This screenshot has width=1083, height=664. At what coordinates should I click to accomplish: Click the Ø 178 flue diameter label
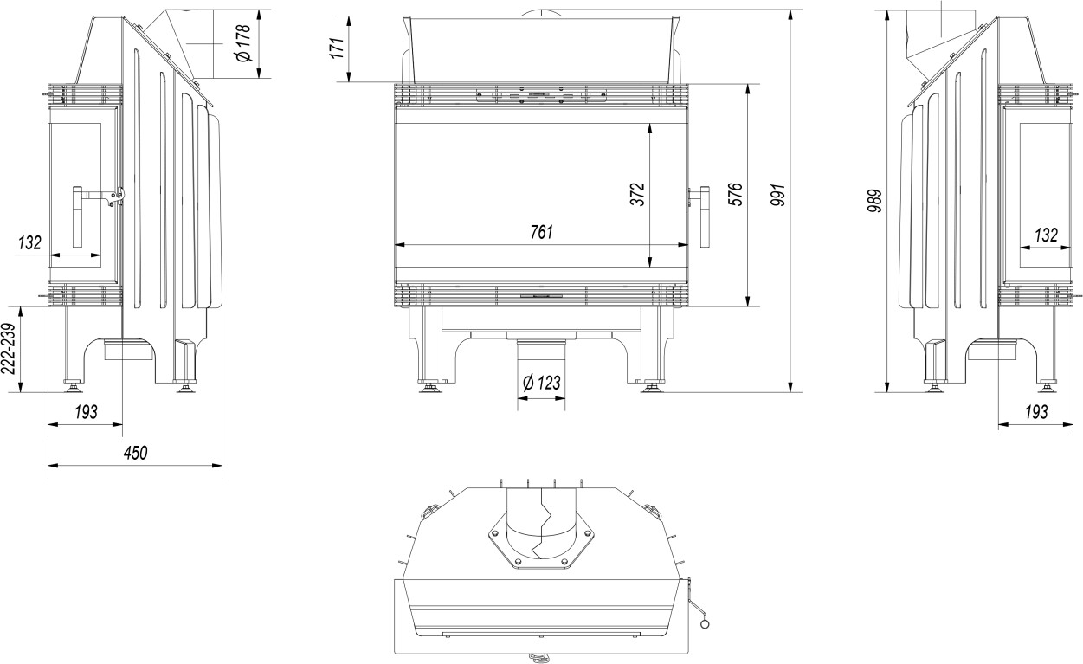click(244, 43)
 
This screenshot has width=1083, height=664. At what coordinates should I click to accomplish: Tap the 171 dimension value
click(338, 48)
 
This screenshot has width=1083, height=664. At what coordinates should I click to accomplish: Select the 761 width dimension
click(541, 232)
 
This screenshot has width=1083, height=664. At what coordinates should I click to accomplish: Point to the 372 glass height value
click(638, 195)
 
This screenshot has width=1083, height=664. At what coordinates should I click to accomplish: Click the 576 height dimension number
click(734, 195)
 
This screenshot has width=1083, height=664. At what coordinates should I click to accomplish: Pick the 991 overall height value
click(778, 195)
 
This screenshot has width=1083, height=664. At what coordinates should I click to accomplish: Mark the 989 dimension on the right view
click(874, 201)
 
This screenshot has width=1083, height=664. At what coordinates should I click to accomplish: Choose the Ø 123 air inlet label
click(542, 383)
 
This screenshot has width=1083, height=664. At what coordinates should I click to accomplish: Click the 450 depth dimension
click(135, 453)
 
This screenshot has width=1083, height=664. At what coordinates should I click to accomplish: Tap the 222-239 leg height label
click(9, 348)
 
